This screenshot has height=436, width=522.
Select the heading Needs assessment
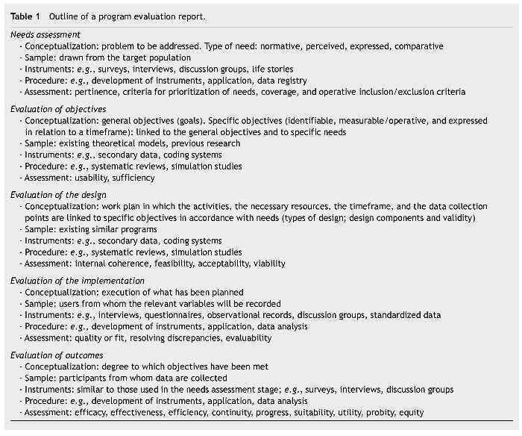[45, 34]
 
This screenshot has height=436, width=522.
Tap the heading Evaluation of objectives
[58, 108]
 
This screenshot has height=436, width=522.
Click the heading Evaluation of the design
[58, 194]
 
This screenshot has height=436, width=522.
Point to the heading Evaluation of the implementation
[78, 280]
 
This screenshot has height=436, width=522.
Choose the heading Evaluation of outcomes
[57, 355]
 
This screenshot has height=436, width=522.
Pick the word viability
[269, 263]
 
